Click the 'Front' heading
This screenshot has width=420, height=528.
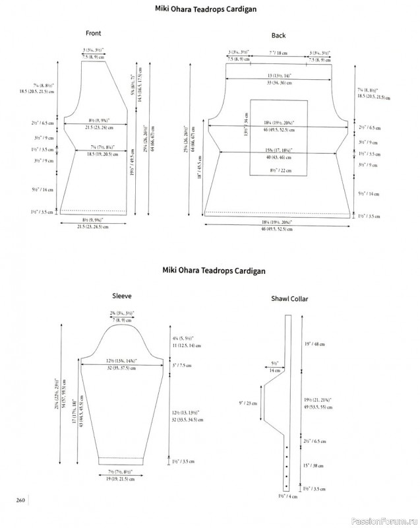[94, 33]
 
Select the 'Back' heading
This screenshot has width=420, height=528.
[278, 34]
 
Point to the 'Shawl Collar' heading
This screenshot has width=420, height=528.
[289, 299]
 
